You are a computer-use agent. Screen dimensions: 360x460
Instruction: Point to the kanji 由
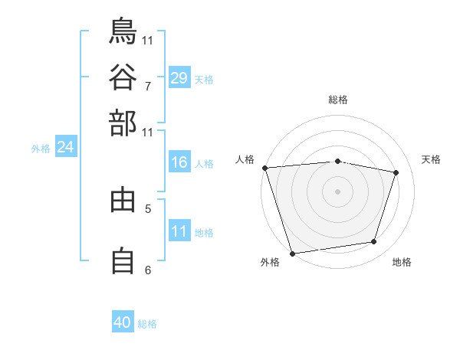[x=123, y=200]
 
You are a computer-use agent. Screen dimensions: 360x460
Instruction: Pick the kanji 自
[x=123, y=260]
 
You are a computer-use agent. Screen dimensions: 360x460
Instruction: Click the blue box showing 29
[x=179, y=77]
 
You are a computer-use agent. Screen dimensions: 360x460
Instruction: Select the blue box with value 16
[x=179, y=162]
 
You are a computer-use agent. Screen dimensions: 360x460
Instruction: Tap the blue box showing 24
[x=65, y=147]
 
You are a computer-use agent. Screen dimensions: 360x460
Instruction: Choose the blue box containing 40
[x=123, y=322]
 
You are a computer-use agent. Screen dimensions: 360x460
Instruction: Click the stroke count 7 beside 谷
[x=148, y=86]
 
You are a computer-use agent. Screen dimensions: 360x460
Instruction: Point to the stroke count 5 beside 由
[x=148, y=208]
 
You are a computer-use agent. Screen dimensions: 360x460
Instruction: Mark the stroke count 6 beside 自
[x=148, y=270]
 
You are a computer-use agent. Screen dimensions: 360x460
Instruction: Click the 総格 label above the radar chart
[x=337, y=100]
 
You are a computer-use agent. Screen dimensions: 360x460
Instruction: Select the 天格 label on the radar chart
[x=432, y=159]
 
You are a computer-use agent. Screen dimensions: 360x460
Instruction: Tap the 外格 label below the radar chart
[x=270, y=263]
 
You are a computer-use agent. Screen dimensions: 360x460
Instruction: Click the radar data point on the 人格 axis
[x=264, y=168]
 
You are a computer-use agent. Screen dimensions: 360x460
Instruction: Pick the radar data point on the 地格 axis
[x=374, y=242]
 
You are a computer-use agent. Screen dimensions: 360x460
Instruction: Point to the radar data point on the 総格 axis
[x=337, y=161]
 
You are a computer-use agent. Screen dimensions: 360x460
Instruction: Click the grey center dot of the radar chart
[x=337, y=191]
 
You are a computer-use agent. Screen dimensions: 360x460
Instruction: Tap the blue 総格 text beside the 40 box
[x=147, y=324]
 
